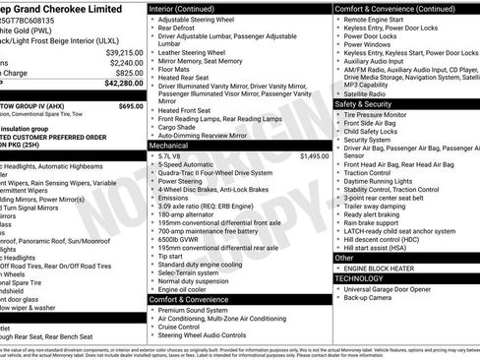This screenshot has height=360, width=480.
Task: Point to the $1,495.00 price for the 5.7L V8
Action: pyautogui.click(x=315, y=155)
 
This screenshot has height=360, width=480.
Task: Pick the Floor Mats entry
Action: pyautogui.click(x=176, y=70)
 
